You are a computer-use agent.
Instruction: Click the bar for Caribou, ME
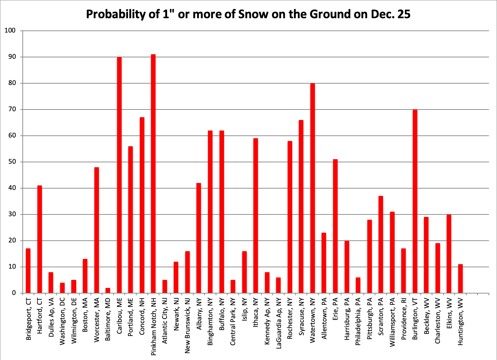coord(119,175)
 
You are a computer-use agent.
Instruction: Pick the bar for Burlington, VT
coord(415,201)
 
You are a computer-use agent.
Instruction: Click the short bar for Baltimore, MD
coord(108,290)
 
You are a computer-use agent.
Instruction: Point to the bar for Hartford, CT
coord(39,239)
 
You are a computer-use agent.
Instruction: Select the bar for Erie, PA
coord(335,226)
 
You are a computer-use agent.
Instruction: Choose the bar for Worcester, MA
coord(96,230)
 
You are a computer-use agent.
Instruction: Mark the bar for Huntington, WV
coord(460,278)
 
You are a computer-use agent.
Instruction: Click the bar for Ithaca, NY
coord(255,216)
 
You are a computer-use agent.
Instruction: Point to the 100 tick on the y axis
coord(10,30)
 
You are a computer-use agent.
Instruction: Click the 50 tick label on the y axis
coord(12,162)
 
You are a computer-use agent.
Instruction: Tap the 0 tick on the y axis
coord(14,293)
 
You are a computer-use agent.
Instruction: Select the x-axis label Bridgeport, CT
coord(28,318)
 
